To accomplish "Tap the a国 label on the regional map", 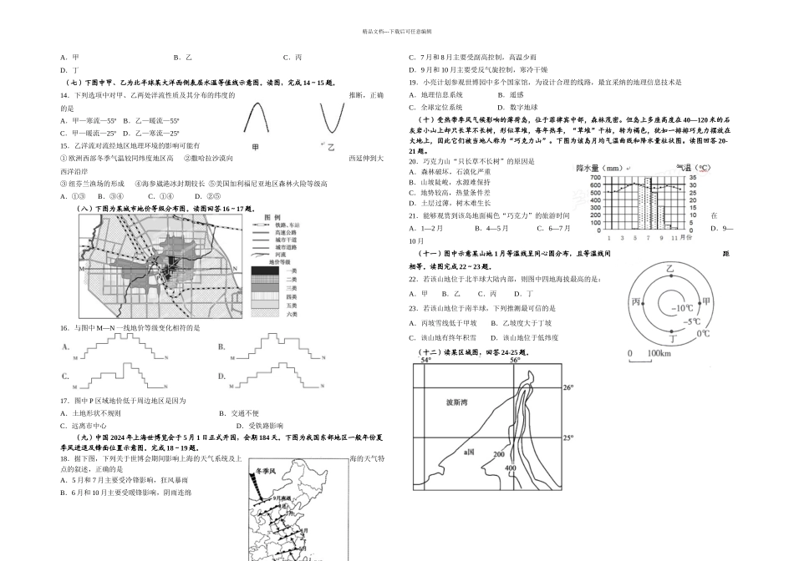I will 470,451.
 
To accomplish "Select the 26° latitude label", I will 568,388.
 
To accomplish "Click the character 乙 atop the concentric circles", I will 669,268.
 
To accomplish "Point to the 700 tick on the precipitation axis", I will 595,177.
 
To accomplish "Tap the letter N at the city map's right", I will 237,269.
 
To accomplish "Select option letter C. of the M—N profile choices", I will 64,377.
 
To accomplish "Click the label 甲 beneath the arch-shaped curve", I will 256,147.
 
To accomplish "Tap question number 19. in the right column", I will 413,82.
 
